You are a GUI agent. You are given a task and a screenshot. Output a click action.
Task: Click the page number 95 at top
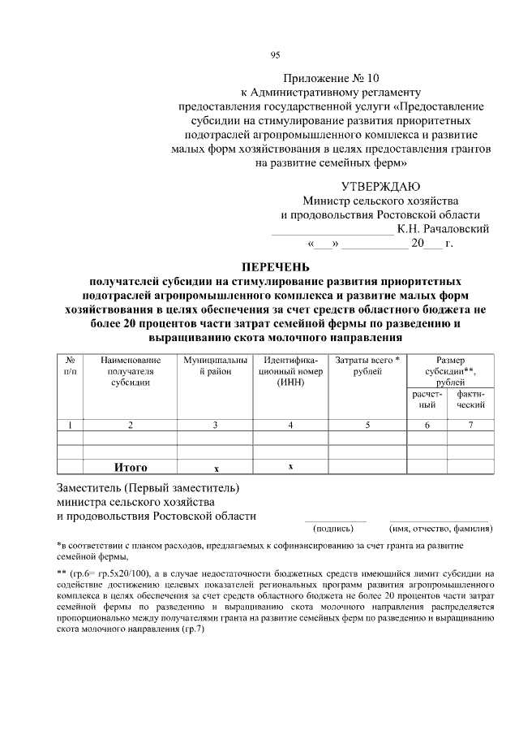pos(274,55)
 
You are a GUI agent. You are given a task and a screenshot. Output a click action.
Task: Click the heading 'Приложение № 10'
pos(331,79)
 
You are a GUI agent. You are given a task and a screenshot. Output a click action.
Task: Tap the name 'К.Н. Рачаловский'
pos(443,229)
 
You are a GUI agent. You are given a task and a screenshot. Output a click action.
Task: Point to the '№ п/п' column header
pos(71,365)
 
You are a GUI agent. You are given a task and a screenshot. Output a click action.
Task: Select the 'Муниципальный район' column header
pos(214,365)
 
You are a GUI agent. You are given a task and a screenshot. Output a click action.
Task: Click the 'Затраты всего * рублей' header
pos(367,365)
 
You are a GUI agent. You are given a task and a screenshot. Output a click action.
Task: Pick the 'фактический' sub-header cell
pos(470,399)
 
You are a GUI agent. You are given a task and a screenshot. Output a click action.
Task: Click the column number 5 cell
pos(367,424)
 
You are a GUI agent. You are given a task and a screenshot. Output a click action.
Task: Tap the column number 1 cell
pos(71,424)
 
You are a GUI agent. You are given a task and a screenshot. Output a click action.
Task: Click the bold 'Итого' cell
pos(131,467)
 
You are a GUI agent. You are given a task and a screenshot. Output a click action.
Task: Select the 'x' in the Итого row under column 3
pos(216,468)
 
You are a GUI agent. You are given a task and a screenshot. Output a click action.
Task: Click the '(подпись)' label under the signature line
pos(334,529)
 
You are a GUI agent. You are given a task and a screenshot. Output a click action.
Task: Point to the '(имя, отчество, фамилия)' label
pos(440,529)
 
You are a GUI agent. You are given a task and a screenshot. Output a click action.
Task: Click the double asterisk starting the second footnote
pos(61,573)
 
